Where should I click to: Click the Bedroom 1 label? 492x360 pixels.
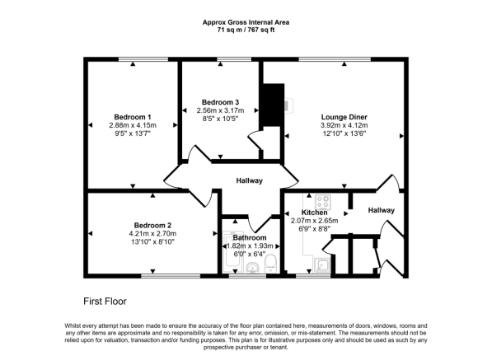pyautogui.click(x=132, y=116)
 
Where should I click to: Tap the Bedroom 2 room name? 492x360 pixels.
pyautogui.click(x=152, y=225)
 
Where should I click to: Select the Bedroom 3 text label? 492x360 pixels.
pyautogui.click(x=220, y=101)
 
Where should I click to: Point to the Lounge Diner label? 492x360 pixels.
pyautogui.click(x=344, y=117)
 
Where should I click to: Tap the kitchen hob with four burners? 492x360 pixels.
pyautogui.click(x=321, y=200)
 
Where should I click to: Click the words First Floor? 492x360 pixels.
pyautogui.click(x=105, y=302)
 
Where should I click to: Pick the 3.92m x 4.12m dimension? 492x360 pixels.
pyautogui.click(x=344, y=126)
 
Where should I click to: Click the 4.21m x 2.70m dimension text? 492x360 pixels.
pyautogui.click(x=152, y=234)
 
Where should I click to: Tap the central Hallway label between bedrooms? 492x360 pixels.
pyautogui.click(x=249, y=180)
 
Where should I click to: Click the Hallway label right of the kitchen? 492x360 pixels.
pyautogui.click(x=381, y=211)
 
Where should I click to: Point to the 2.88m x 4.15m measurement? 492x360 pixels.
pyautogui.click(x=132, y=125)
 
